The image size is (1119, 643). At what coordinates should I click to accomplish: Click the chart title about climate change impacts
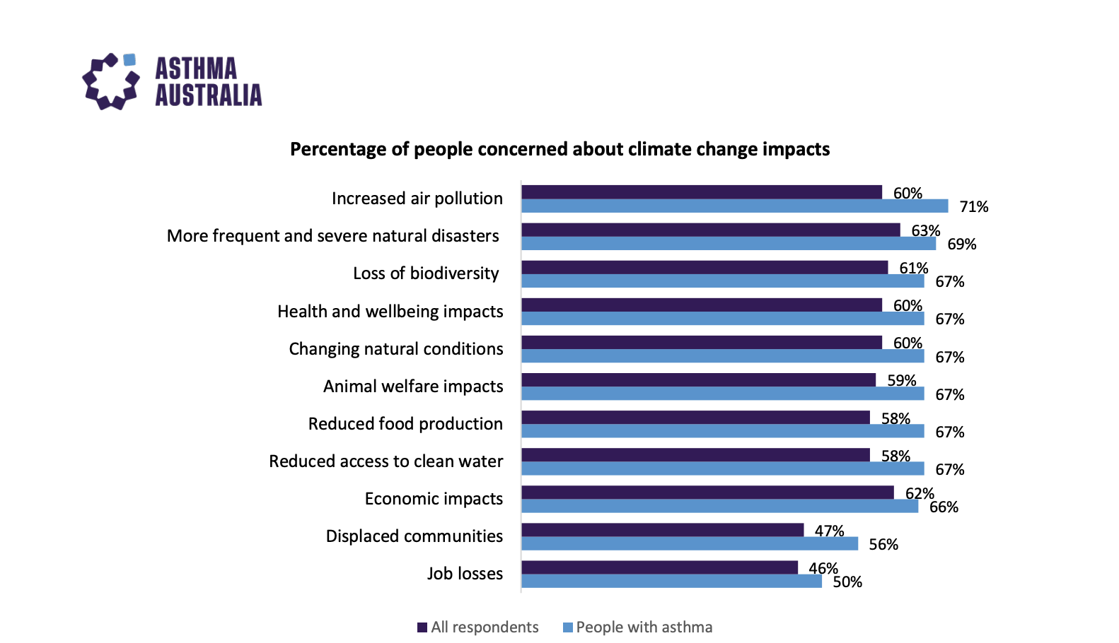[x=559, y=149]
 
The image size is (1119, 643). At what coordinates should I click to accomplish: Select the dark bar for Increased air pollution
[x=701, y=192]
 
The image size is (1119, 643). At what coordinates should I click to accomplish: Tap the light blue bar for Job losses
[x=671, y=582]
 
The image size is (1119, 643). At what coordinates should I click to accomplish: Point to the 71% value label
[x=973, y=207]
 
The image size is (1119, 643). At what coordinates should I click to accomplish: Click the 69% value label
[x=961, y=244]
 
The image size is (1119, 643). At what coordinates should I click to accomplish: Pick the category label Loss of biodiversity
[x=426, y=273]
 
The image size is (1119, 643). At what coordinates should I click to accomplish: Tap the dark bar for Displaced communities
[x=662, y=530]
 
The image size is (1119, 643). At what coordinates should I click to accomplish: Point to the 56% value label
[x=883, y=545]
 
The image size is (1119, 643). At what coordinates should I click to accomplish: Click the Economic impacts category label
[x=434, y=499]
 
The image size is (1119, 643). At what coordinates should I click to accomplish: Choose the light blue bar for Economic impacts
[x=719, y=507]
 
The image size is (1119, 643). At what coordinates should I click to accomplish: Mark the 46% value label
[x=823, y=568]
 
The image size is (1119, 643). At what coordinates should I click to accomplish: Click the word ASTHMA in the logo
[x=196, y=69]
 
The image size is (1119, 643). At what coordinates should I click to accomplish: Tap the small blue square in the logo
[x=129, y=60]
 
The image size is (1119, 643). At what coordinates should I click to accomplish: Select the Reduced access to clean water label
[x=385, y=461]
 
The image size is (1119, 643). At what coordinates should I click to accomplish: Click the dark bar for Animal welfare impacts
[x=698, y=380]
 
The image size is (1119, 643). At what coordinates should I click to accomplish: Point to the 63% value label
[x=925, y=231]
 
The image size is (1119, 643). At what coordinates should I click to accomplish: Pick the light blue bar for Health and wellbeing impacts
[x=722, y=319]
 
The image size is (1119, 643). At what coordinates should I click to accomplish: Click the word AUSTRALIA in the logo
[x=208, y=95]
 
